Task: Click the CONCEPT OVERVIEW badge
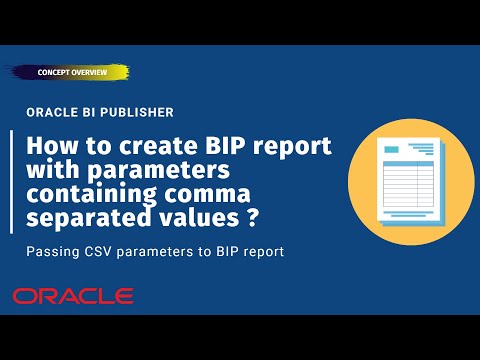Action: [x=72, y=73]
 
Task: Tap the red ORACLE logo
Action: [x=72, y=296]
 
